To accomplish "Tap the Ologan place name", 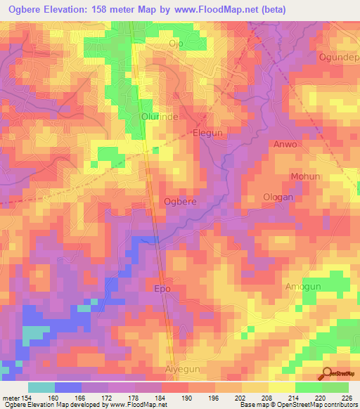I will [277, 197].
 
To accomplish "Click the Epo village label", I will [162, 288].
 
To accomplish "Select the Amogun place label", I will [303, 287].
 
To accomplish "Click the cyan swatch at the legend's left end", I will [41, 387].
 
